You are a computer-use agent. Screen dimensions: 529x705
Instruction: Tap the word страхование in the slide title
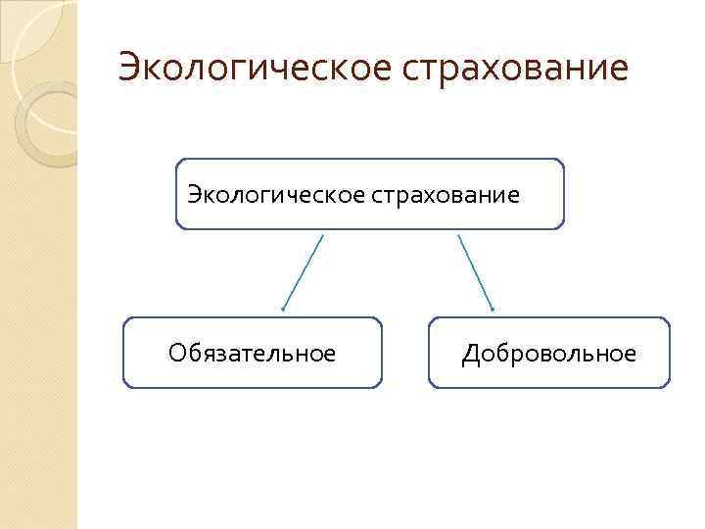click(x=511, y=68)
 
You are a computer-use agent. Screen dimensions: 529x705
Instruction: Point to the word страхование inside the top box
click(x=446, y=194)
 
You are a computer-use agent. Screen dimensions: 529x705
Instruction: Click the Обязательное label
click(x=252, y=353)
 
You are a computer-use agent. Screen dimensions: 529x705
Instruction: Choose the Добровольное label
click(x=549, y=353)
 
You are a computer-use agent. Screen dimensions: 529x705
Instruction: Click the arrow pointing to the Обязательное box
click(x=303, y=273)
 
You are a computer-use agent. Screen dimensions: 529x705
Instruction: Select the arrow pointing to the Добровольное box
click(x=476, y=273)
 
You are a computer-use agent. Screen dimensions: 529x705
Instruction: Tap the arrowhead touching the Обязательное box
click(x=283, y=310)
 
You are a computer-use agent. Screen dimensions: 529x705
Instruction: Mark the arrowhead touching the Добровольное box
click(x=493, y=310)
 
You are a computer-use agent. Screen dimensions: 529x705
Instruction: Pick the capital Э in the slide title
click(x=128, y=68)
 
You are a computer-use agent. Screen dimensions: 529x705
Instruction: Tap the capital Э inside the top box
click(x=193, y=194)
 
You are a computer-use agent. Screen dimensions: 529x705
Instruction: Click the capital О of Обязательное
click(x=177, y=353)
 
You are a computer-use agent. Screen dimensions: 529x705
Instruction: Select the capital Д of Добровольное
click(x=471, y=353)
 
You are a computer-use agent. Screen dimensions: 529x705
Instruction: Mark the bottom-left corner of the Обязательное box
click(x=124, y=386)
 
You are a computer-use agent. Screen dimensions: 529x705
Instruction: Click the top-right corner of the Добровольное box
click(x=669, y=319)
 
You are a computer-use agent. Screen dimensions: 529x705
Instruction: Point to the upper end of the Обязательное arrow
click(x=322, y=235)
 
